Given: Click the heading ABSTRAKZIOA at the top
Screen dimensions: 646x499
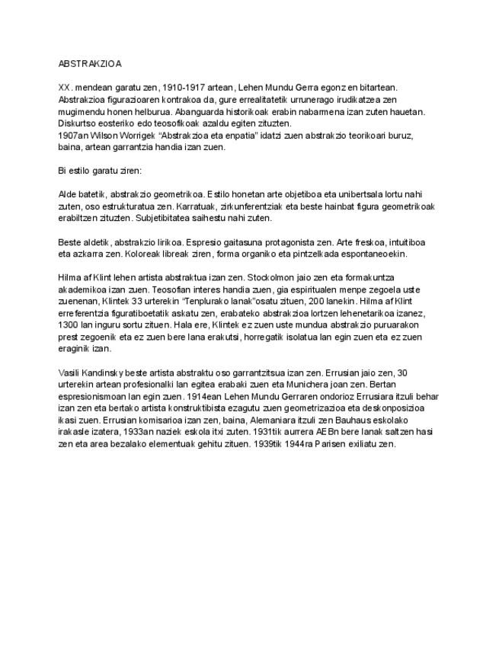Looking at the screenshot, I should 90,64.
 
